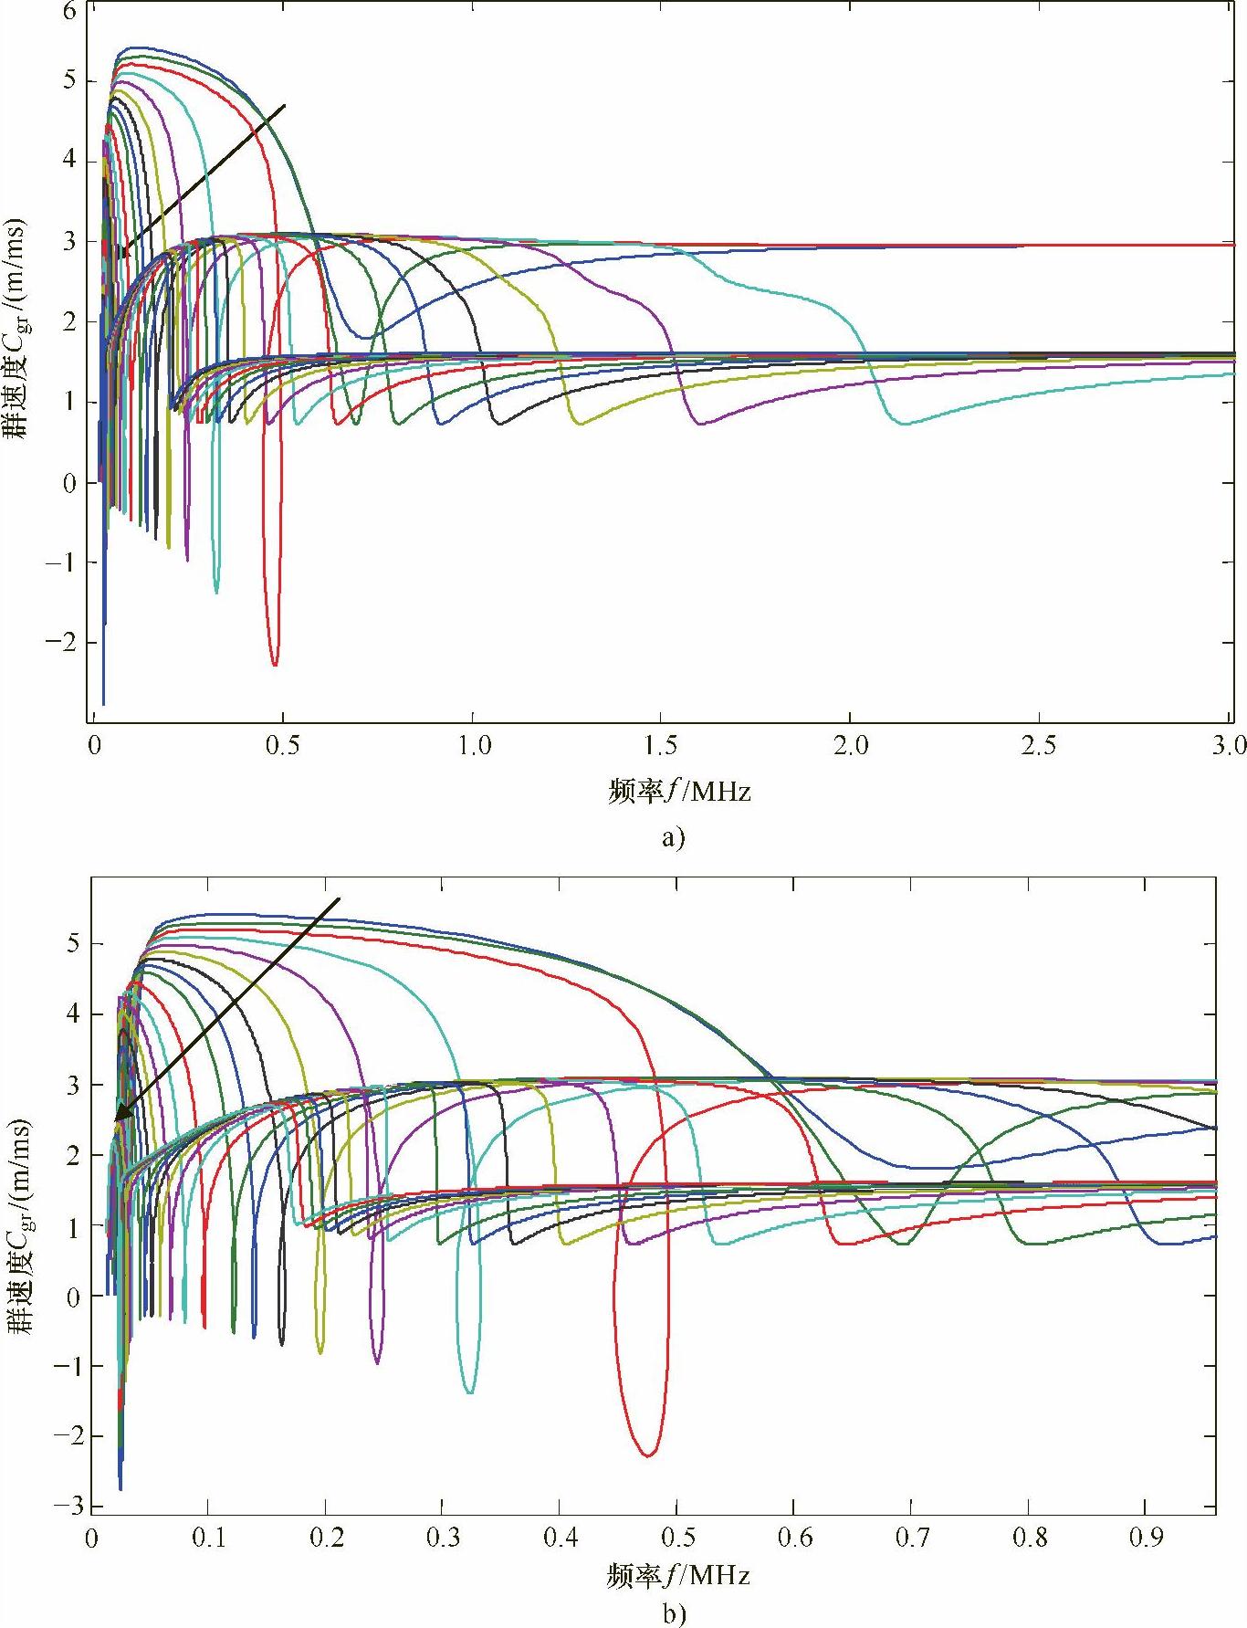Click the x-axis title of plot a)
[679, 791]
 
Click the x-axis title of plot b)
[677, 1575]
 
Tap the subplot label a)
[672, 838]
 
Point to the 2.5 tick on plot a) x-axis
[1039, 745]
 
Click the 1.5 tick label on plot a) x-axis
[661, 745]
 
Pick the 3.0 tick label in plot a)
[1229, 745]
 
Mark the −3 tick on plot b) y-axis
[66, 1506]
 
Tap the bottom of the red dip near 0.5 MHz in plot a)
[274, 664]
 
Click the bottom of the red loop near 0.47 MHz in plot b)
[647, 1455]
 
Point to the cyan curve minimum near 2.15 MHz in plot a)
[904, 423]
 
